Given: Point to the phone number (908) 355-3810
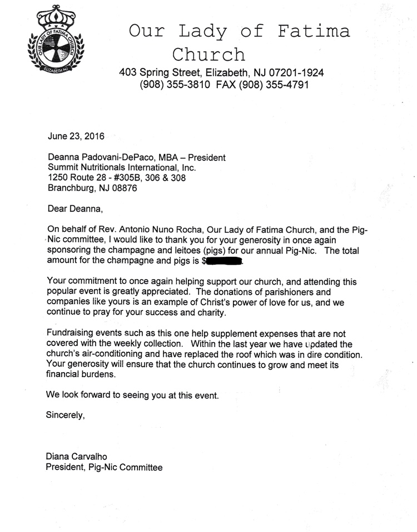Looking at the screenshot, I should (x=174, y=85).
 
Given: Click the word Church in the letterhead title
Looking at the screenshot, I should (x=209, y=55).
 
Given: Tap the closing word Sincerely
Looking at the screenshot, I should (x=66, y=414).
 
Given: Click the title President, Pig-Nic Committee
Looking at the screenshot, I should (x=104, y=467).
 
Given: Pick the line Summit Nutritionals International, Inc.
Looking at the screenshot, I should (x=122, y=168).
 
